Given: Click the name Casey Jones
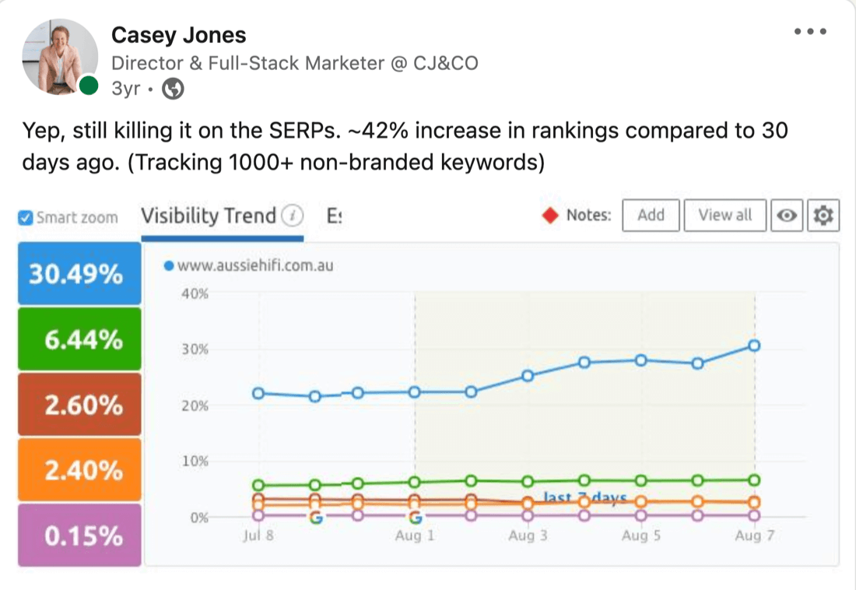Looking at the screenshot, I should (178, 35).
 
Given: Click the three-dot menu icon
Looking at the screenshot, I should (809, 32).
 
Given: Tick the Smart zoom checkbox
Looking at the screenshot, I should (26, 218).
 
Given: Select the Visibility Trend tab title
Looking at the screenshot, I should (209, 216).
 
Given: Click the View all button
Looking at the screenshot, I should (724, 216).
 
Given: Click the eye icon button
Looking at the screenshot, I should (787, 216).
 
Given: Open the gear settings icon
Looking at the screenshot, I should (823, 216).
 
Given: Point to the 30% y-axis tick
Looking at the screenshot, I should (195, 349).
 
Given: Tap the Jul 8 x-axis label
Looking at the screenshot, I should (258, 536).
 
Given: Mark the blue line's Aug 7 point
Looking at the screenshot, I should (753, 346).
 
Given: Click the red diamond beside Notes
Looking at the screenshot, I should (551, 216).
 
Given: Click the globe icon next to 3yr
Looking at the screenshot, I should (173, 90).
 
